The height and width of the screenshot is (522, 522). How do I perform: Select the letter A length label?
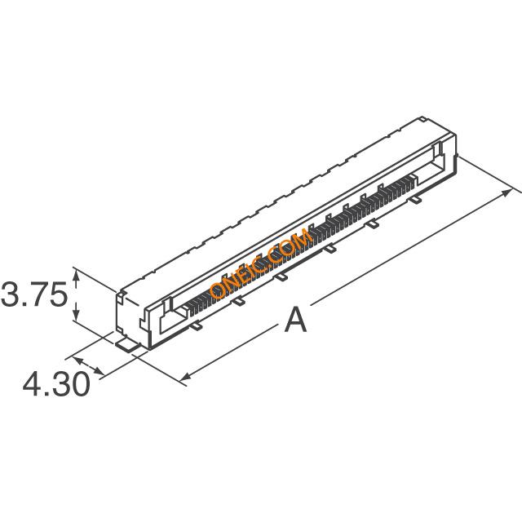295,321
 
